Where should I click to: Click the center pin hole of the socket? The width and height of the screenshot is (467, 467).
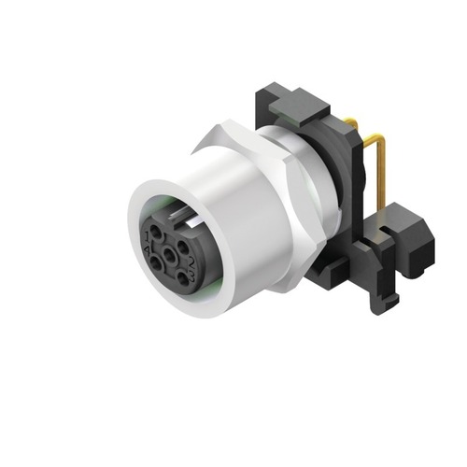(x=169, y=256)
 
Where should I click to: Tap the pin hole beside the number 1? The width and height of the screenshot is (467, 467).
(x=156, y=232)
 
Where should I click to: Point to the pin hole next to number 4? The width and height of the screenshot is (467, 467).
(x=155, y=263)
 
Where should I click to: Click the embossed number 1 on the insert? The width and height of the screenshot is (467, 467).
(x=147, y=237)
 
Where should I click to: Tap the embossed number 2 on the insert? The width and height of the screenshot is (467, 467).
(x=192, y=262)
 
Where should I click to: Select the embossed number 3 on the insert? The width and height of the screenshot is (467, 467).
(x=191, y=276)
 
